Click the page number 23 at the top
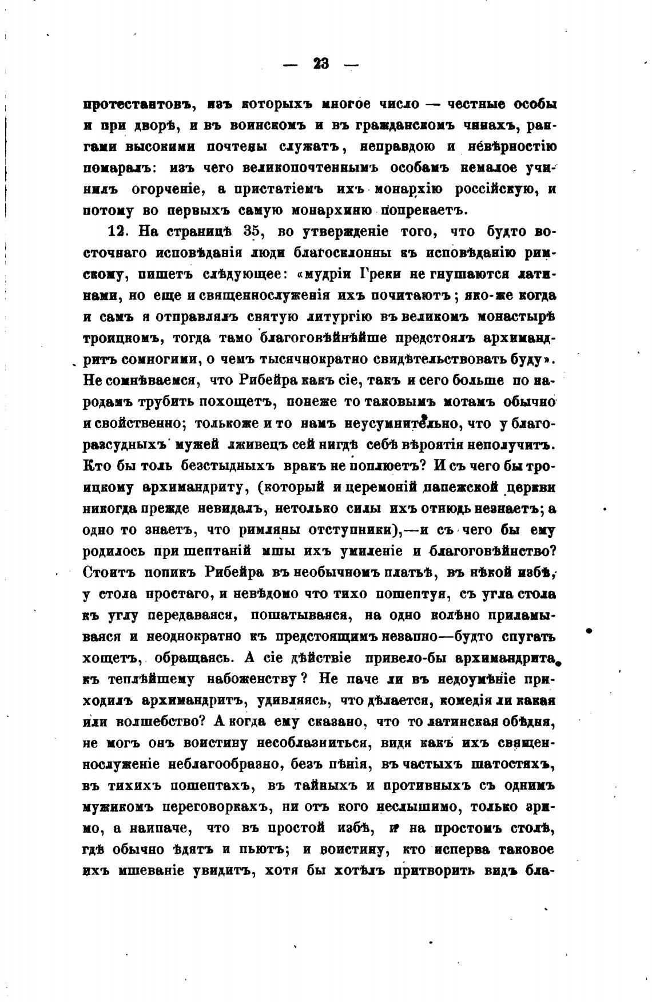pos(321,65)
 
